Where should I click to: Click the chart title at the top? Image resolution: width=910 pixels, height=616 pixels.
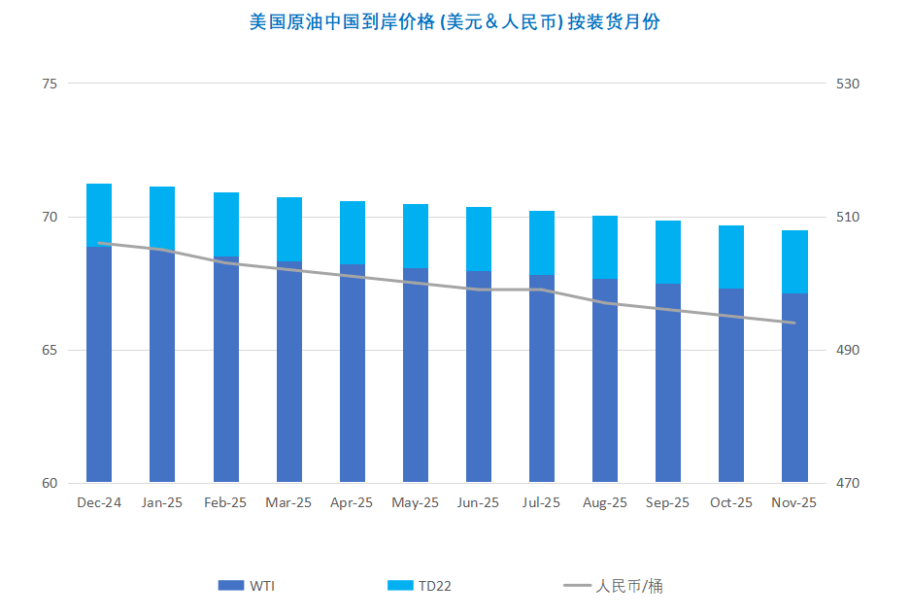(x=455, y=21)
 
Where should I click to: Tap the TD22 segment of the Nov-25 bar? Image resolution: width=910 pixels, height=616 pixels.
(x=794, y=260)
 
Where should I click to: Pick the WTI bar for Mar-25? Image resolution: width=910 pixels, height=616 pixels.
(x=289, y=379)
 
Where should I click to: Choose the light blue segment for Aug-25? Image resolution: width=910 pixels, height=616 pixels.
(x=605, y=247)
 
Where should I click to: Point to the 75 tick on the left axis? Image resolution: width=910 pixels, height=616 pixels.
(x=49, y=84)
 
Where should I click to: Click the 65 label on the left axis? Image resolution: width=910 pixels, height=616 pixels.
(x=49, y=350)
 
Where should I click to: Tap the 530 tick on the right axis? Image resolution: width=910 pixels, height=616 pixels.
(x=849, y=84)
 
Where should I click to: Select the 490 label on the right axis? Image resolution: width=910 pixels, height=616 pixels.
(x=849, y=350)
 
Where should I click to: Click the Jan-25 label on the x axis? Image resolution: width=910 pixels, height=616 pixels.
(x=162, y=502)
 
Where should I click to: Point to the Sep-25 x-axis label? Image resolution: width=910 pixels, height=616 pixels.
(x=668, y=502)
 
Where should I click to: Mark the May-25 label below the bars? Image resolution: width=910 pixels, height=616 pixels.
(x=416, y=502)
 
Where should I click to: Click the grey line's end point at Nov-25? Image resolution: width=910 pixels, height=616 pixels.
(x=794, y=323)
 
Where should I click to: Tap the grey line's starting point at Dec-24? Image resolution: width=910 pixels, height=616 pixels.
(x=99, y=243)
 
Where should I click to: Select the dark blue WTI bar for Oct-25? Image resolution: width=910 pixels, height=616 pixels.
(x=731, y=389)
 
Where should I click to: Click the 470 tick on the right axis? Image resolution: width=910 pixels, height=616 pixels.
(x=849, y=483)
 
